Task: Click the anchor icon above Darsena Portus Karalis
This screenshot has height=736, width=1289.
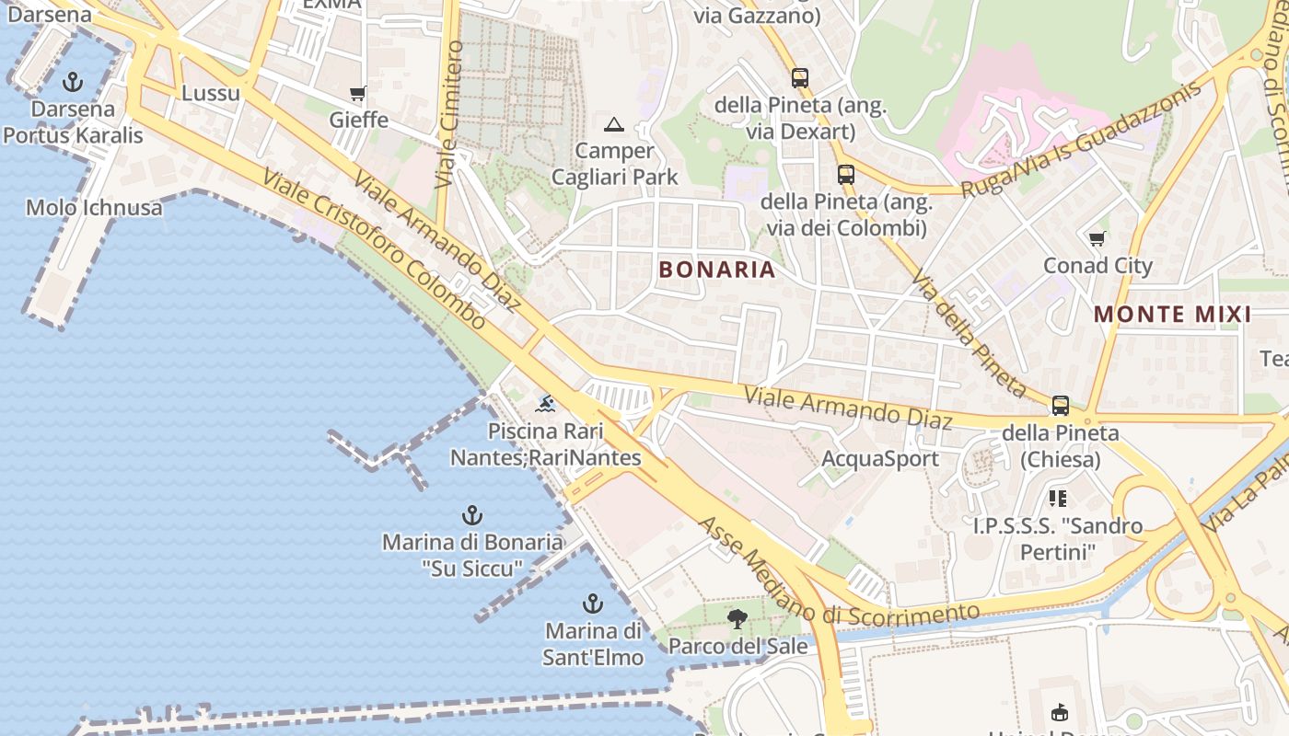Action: pos(72,83)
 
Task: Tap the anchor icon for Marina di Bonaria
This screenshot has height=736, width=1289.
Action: pos(472,515)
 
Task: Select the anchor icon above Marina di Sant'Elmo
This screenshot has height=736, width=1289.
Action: pos(593,604)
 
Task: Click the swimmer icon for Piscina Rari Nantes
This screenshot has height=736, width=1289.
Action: pos(546,404)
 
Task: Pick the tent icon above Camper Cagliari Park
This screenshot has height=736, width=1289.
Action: pos(614,124)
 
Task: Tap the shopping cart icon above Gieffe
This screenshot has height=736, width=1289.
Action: pos(358,94)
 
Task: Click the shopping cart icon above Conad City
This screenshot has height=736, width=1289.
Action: pos(1097,239)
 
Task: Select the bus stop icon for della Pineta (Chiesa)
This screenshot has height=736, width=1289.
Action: pos(1061,406)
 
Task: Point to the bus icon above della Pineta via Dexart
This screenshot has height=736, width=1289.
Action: pos(799,78)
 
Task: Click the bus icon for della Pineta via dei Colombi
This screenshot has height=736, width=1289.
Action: pos(845,175)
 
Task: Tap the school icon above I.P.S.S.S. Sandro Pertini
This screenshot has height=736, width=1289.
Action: pos(1058,499)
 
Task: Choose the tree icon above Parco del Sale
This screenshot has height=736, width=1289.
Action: pos(737,619)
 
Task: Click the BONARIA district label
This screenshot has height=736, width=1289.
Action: pos(717,270)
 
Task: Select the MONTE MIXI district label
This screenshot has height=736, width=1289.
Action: pos(1172,315)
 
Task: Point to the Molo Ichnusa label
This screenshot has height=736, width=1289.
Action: pos(94,208)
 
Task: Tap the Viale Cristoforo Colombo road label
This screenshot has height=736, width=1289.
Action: pos(374,248)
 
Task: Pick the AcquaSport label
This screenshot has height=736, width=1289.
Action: pos(880,459)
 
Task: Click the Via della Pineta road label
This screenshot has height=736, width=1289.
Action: pos(969,332)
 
